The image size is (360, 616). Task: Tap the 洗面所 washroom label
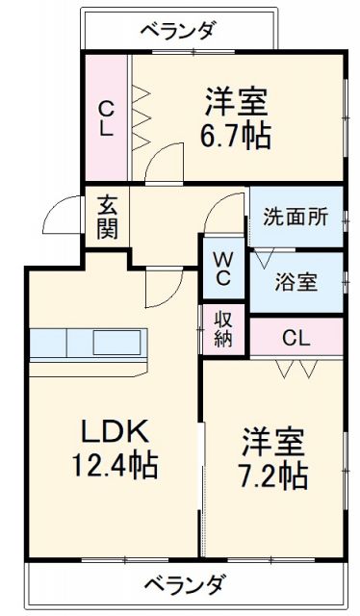tap(296, 217)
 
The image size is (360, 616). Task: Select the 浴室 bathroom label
tap(296, 283)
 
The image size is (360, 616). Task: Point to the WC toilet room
tap(222, 269)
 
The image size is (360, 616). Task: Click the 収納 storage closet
tap(222, 330)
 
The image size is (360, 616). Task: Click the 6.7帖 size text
tap(235, 136)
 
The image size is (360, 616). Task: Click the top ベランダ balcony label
tap(179, 29)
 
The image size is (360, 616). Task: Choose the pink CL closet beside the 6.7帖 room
tap(106, 117)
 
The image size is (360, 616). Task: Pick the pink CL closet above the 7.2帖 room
tap(296, 338)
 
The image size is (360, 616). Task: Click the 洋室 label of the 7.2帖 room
tap(272, 442)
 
